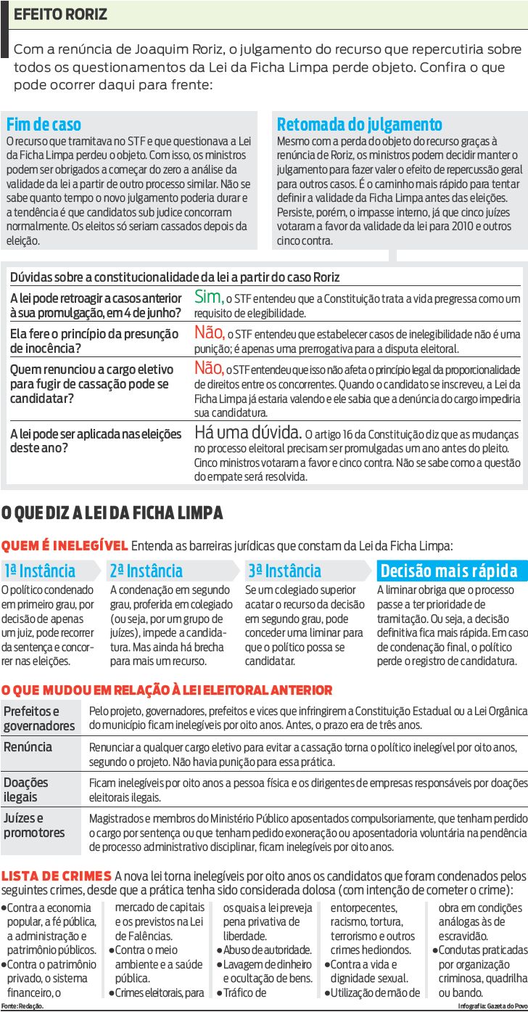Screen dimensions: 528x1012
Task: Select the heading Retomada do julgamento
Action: click(359, 124)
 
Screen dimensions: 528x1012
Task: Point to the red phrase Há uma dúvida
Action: click(248, 433)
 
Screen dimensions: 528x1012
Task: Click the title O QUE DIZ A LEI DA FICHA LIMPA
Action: click(112, 513)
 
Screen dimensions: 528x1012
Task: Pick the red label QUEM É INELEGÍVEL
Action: click(65, 545)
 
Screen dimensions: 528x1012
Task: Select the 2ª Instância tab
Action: click(146, 571)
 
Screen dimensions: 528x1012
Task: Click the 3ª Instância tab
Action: click(284, 571)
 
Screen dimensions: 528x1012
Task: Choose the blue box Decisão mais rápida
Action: click(448, 571)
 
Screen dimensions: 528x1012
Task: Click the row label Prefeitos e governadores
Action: click(39, 718)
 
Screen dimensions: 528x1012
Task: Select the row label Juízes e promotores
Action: click(34, 825)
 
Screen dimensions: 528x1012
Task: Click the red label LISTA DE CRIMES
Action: click(57, 876)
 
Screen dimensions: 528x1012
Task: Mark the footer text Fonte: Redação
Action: click(22, 1006)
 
